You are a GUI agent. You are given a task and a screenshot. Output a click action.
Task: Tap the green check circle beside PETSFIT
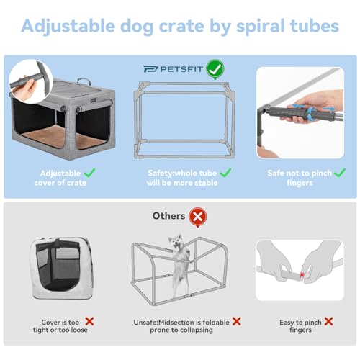pos(214,69)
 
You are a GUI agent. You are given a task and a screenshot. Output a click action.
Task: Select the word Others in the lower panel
pos(168,215)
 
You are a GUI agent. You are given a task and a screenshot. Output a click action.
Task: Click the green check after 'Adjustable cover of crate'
pos(89,173)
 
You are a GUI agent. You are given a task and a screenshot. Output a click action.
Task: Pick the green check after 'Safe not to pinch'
pos(332,173)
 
